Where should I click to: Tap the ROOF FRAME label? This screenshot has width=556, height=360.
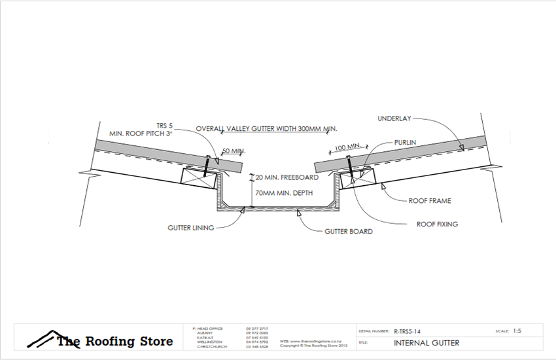pyautogui.click(x=430, y=201)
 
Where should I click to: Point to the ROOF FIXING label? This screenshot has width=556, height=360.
pyautogui.click(x=437, y=224)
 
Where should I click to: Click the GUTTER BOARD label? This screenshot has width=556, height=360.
pyautogui.click(x=349, y=232)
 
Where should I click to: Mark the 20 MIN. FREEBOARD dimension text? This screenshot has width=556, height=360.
pyautogui.click(x=288, y=177)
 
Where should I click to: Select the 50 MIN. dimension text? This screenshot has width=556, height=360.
pyautogui.click(x=233, y=151)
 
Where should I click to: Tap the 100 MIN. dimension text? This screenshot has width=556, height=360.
pyautogui.click(x=348, y=147)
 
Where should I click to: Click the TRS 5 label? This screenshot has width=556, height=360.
pyautogui.click(x=165, y=125)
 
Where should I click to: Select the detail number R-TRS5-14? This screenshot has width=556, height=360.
pyautogui.click(x=408, y=331)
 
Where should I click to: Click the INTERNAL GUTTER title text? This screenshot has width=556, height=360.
pyautogui.click(x=426, y=342)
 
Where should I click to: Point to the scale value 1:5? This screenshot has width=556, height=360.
pyautogui.click(x=517, y=331)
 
